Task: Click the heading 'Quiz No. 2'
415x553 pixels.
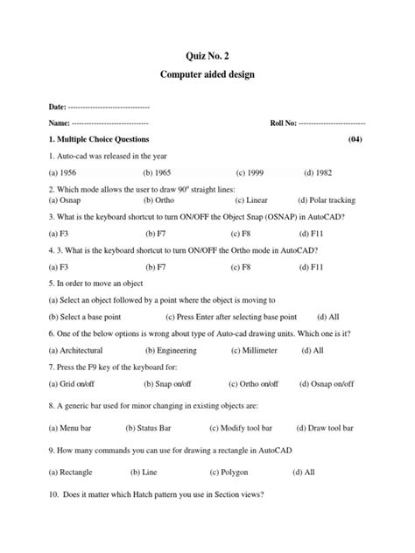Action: tap(207, 58)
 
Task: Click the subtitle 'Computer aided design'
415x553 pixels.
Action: tap(207, 76)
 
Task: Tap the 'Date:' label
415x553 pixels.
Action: tap(58, 106)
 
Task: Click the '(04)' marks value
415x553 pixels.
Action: tap(355, 140)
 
